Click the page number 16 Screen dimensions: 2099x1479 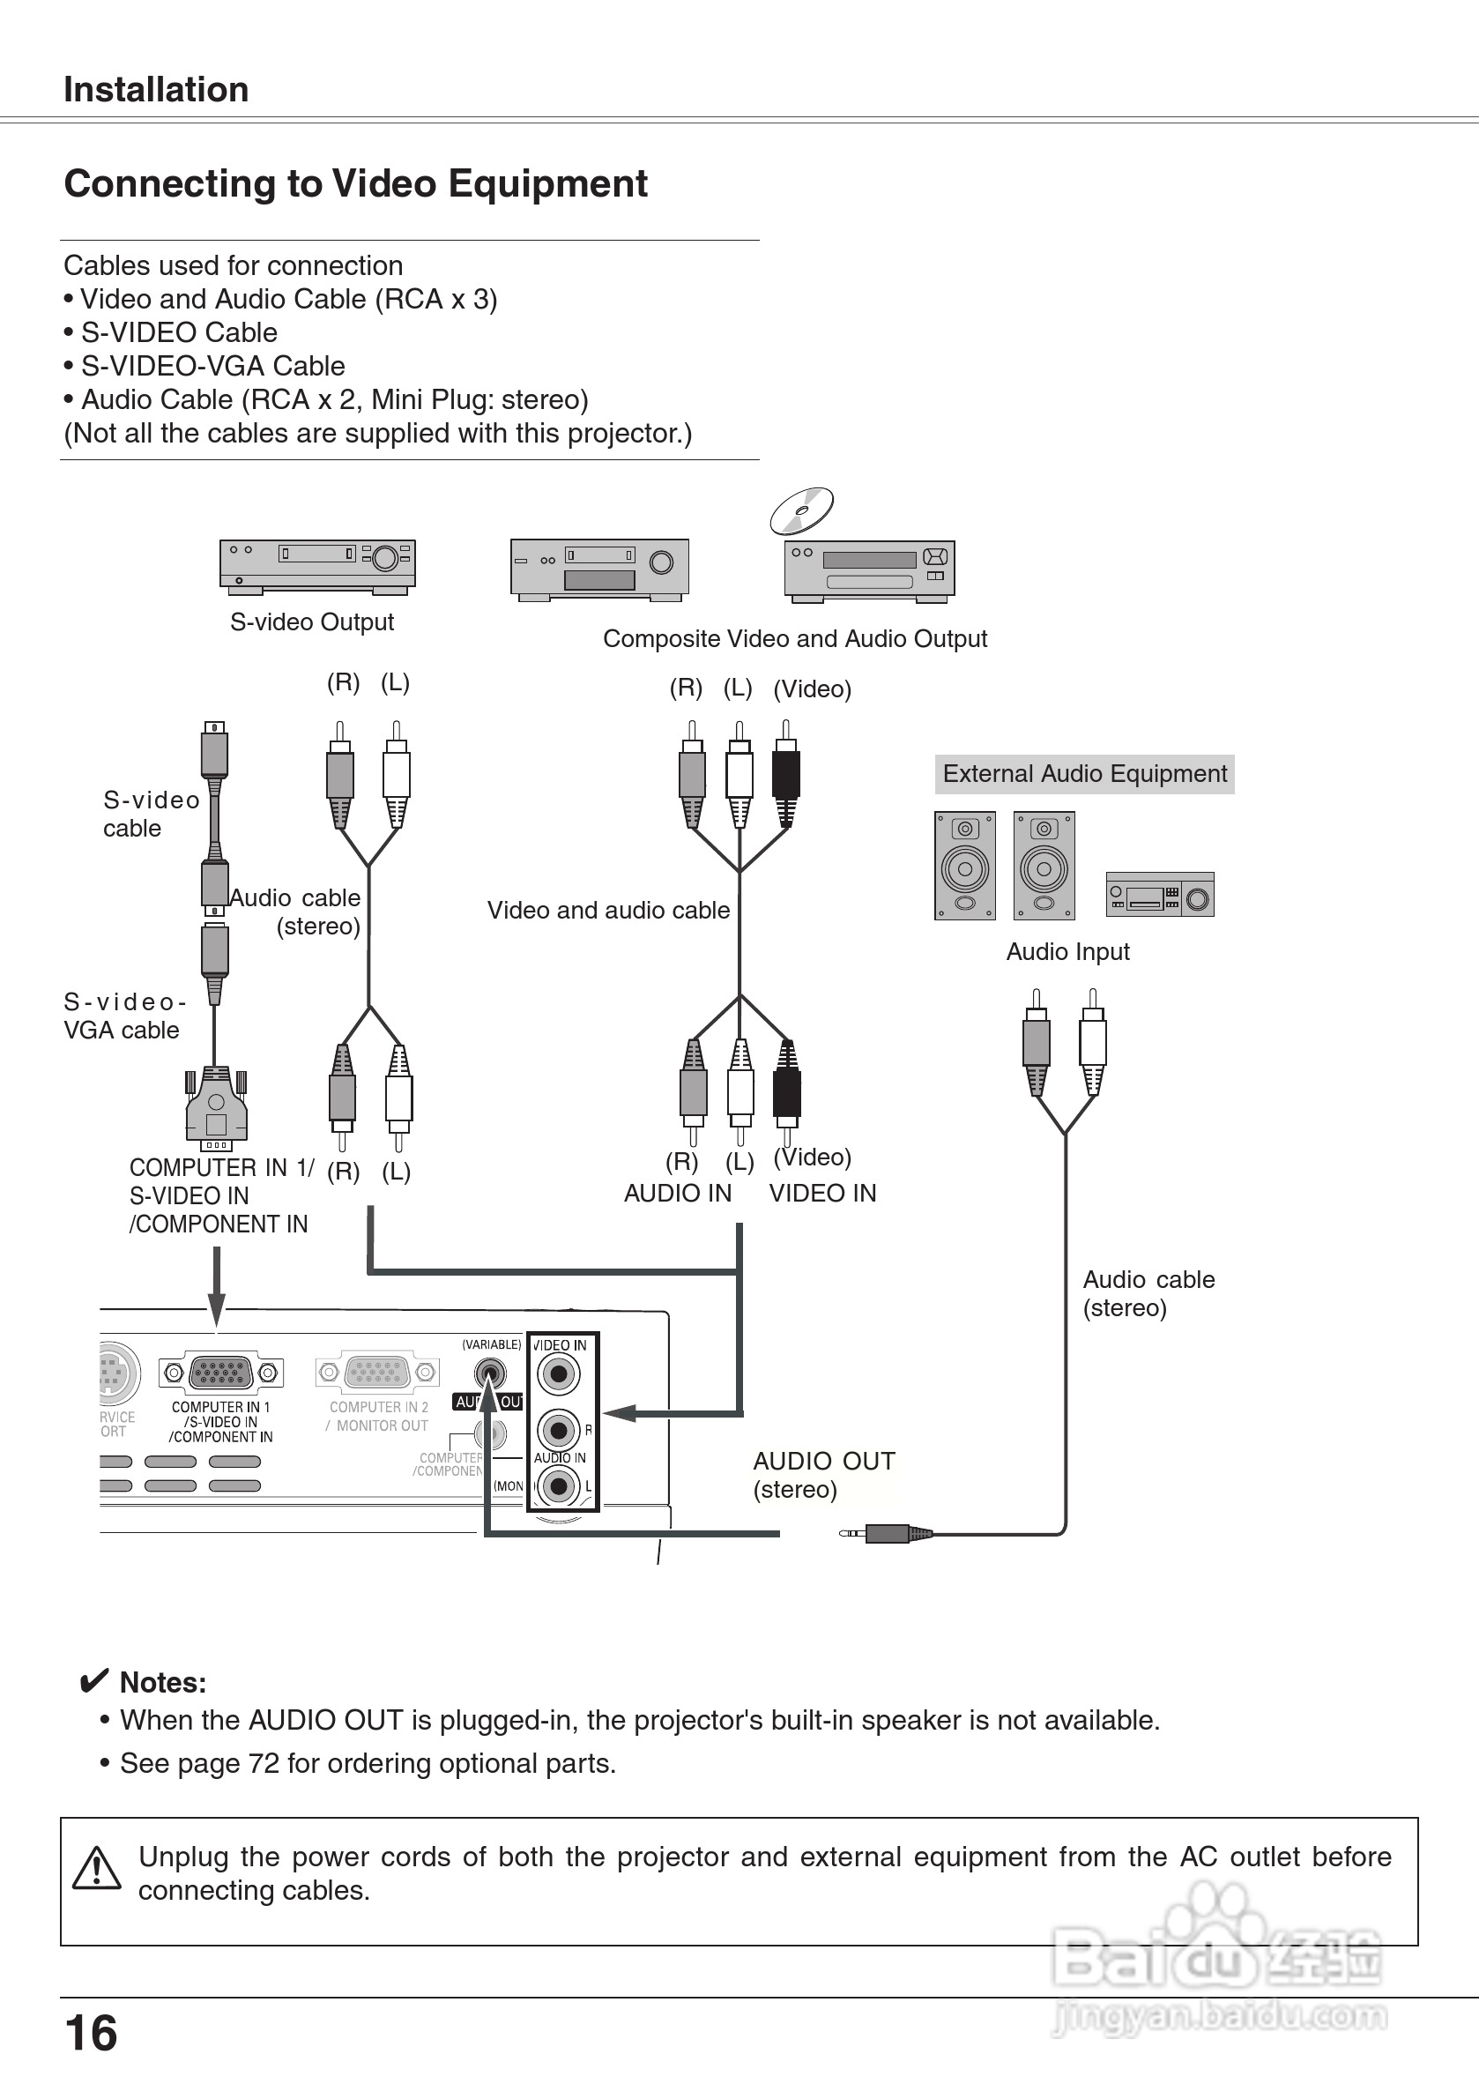click(92, 2033)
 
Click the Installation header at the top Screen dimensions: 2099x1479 click(156, 90)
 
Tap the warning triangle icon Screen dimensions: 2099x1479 click(96, 1868)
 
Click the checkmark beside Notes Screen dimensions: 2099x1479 click(93, 1680)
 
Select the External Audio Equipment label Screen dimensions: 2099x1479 click(1084, 774)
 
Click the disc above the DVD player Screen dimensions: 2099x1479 click(802, 511)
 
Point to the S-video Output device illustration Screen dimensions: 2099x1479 click(317, 565)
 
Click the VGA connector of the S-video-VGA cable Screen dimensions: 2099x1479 click(216, 1109)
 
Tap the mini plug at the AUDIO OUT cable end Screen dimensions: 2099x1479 click(885, 1533)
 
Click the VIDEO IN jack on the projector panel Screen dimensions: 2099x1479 click(560, 1374)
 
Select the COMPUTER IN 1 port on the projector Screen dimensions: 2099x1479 click(220, 1373)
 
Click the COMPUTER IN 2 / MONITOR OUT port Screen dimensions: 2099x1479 click(377, 1373)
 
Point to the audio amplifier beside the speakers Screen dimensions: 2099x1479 click(1160, 894)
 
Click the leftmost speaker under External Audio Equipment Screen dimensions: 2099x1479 click(964, 866)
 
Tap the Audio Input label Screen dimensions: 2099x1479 click(1067, 952)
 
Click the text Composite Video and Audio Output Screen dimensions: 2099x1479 click(794, 638)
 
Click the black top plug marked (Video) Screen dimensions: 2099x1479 click(785, 772)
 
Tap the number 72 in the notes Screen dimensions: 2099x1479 click(264, 1762)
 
